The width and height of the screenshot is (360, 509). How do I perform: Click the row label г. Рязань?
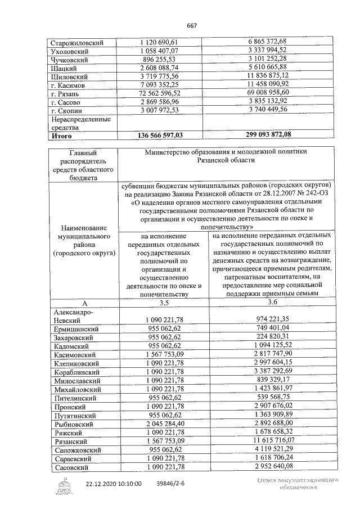[x=66, y=94]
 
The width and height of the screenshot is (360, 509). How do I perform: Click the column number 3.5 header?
[x=164, y=302]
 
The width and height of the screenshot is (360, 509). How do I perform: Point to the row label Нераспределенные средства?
[x=73, y=123]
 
